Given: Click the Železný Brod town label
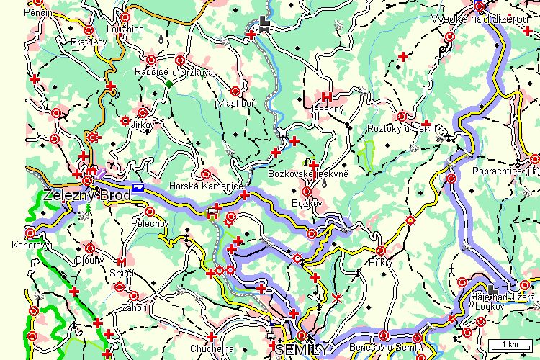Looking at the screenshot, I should tap(87, 195).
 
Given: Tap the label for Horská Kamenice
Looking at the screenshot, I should tap(203, 186).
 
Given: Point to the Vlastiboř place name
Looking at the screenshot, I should tap(235, 103).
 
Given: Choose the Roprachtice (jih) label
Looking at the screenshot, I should tap(505, 171).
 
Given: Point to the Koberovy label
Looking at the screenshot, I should tap(30, 244).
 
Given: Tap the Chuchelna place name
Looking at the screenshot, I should tap(210, 348).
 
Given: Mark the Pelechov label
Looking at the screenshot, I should tap(149, 223).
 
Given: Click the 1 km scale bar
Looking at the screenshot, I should tap(506, 344).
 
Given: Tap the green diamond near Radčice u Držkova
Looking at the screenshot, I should tap(168, 84).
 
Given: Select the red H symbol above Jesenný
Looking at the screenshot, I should tap(326, 96).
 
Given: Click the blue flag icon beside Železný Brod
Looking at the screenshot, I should tap(138, 187).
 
